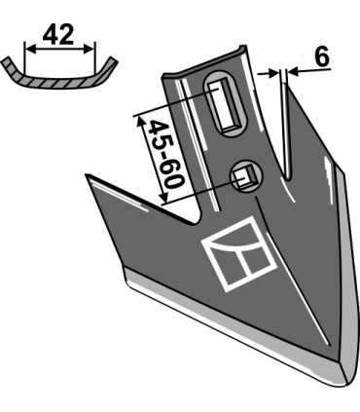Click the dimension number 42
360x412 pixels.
pyautogui.click(x=58, y=34)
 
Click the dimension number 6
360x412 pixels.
pyautogui.click(x=322, y=56)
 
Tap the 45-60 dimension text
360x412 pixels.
pyautogui.click(x=165, y=155)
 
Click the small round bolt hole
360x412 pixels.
pyautogui.click(x=246, y=177)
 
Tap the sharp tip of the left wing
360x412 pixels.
pyautogui.click(x=87, y=175)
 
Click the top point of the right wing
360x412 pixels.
pyautogui.click(x=286, y=86)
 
